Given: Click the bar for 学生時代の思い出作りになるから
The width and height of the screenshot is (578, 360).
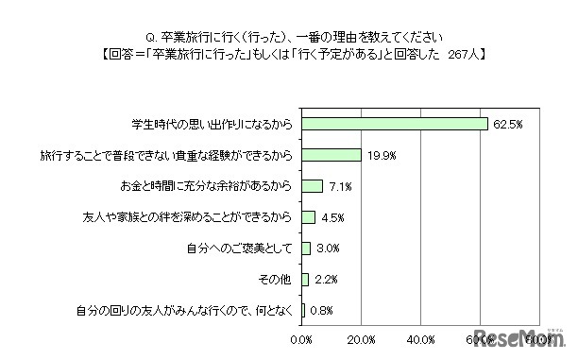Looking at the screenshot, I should [x=395, y=124].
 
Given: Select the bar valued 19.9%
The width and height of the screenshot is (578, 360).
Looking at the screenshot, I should [x=331, y=155].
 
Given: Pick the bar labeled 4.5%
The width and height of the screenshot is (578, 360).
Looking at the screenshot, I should [x=309, y=217].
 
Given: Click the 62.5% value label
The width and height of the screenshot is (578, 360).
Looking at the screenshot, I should [x=503, y=124].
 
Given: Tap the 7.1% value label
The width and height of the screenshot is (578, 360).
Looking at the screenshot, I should [x=340, y=186].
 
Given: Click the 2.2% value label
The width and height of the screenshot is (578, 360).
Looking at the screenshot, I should [x=324, y=280].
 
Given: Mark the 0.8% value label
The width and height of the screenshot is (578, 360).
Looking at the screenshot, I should [x=320, y=310].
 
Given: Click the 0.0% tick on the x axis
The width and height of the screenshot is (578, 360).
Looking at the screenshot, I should [x=302, y=338].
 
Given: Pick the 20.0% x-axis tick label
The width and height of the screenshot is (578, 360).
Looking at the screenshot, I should [x=362, y=338].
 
